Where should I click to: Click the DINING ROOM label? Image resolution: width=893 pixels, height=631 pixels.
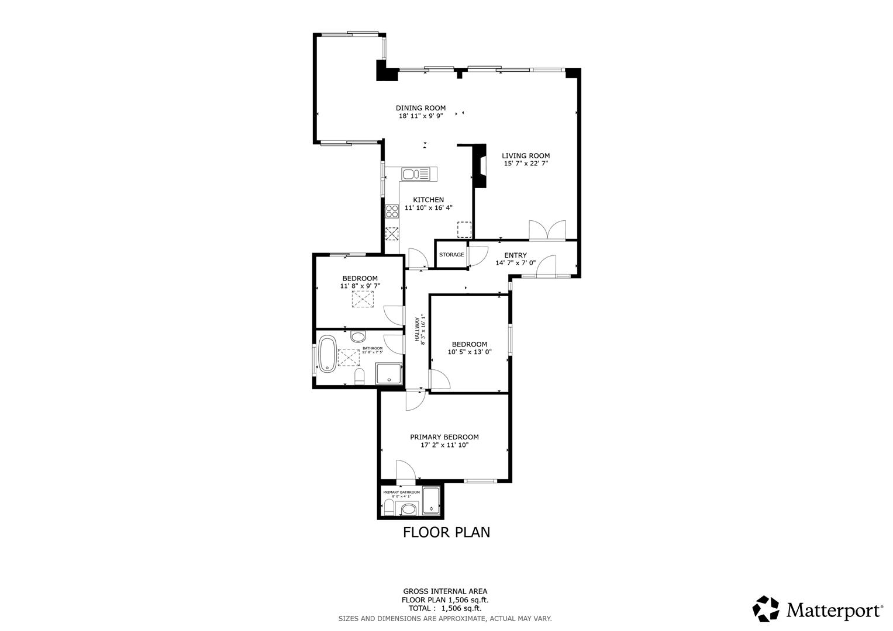pos(420,108)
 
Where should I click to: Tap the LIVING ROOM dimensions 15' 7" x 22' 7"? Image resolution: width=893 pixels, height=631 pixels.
pos(526,164)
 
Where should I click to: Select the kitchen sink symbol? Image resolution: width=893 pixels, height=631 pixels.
pos(415,174)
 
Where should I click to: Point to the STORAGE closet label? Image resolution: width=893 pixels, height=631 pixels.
pos(451,255)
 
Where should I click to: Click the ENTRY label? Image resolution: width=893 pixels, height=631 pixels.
pos(515,255)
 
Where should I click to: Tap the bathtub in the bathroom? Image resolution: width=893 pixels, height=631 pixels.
pos(327,353)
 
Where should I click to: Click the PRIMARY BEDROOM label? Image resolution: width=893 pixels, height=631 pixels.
pos(444,437)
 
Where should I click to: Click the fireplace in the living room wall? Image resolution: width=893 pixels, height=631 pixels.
pos(480,165)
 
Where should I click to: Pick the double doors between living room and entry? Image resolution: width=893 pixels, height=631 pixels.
pos(547,230)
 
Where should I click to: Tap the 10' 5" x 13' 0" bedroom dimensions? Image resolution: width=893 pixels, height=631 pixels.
pos(469,352)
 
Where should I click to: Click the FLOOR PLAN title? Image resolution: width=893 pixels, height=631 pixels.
pos(446,532)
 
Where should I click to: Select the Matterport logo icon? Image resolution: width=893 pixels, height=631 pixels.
pos(766,609)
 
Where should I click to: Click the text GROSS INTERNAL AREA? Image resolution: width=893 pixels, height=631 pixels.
pos(445,591)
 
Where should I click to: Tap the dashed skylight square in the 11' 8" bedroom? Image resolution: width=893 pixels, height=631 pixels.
pos(363,300)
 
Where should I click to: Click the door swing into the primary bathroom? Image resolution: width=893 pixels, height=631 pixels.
pos(405,471)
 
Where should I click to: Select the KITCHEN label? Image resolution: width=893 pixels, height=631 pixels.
pos(428,200)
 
